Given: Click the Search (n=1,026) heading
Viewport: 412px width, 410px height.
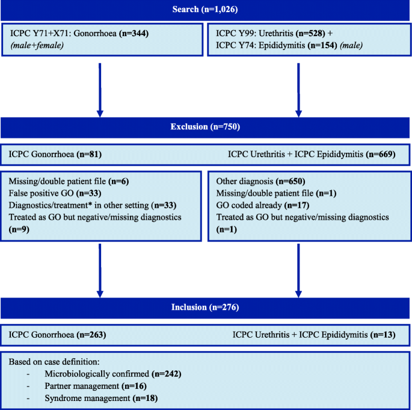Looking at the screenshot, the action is (x=205, y=10).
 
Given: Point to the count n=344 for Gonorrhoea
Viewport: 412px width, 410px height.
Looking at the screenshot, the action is (x=134, y=33).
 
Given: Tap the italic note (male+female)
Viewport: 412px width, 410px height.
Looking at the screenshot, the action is (x=37, y=46).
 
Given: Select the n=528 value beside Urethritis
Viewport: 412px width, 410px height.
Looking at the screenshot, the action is (x=310, y=33).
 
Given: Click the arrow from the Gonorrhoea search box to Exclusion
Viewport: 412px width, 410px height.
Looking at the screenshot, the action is (x=100, y=90).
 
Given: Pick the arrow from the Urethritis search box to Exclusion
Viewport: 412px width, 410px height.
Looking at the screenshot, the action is (x=298, y=90).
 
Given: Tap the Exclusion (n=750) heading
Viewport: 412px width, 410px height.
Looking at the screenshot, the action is (x=205, y=127).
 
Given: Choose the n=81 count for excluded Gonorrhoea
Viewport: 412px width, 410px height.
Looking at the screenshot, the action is (x=89, y=154).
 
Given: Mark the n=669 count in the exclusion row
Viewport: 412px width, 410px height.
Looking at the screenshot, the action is (x=381, y=154).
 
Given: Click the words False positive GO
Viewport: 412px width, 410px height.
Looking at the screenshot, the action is (x=41, y=193).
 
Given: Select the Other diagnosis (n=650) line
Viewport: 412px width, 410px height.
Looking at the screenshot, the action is (x=260, y=181).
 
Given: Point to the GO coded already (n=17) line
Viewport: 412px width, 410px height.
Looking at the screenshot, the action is (x=263, y=205).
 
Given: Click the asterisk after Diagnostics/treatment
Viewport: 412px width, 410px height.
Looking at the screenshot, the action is (x=90, y=203).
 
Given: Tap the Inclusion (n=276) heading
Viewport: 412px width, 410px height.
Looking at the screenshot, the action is (x=205, y=307).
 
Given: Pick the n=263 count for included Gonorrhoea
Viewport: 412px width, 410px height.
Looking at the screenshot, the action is (x=91, y=335).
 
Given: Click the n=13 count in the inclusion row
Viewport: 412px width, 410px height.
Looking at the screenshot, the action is (x=383, y=335).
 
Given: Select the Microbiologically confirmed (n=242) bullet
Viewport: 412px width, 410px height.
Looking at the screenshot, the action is (x=113, y=374).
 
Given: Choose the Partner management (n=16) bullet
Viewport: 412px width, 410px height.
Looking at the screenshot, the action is (x=96, y=386).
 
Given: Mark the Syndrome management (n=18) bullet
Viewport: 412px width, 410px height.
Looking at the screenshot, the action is (x=101, y=399).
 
